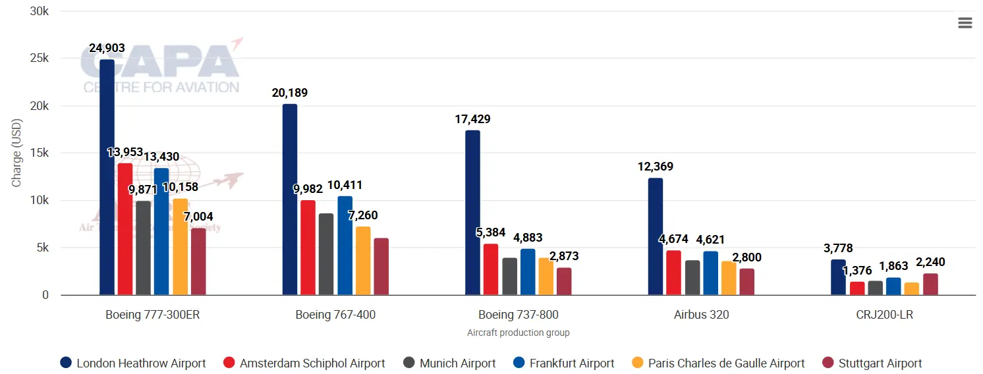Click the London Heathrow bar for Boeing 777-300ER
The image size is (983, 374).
(107, 177)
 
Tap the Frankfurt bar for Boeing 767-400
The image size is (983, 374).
(345, 246)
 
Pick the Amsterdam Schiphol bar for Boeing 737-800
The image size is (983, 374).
(491, 269)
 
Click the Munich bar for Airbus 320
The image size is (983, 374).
(692, 278)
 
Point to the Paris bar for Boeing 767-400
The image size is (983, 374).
(363, 261)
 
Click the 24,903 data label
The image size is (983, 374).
(107, 48)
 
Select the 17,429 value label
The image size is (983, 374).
(472, 119)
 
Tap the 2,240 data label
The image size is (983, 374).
(930, 262)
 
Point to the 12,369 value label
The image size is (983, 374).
(655, 167)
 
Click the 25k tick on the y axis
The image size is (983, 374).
(37, 59)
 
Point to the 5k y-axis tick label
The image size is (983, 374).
(40, 248)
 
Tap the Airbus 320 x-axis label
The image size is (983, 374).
(701, 315)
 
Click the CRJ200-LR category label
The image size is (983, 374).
(884, 315)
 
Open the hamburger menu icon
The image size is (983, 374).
(965, 23)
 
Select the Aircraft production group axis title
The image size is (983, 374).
(518, 333)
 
